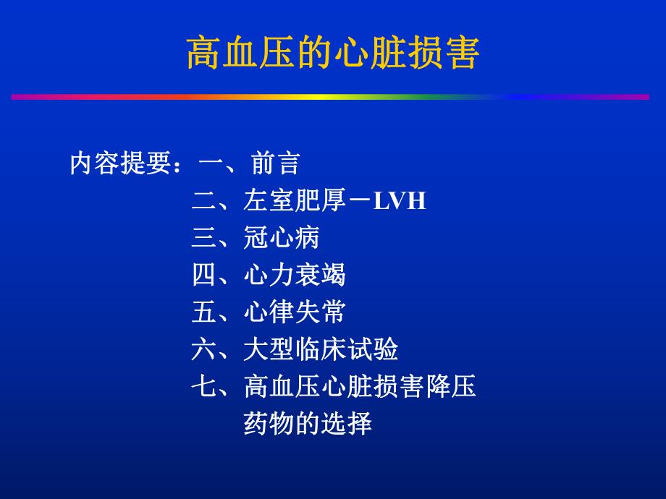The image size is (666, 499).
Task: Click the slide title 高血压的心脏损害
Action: [333, 54]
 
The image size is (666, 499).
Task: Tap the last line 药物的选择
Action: [308, 423]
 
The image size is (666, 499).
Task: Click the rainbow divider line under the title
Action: [330, 96]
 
